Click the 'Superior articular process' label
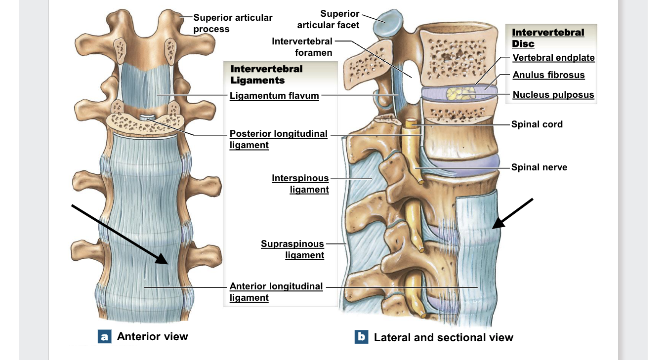tap(232, 23)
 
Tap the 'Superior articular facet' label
tap(328, 19)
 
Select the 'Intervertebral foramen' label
tap(302, 46)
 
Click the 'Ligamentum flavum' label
tap(274, 96)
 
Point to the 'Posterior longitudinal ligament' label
tap(278, 139)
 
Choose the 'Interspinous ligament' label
tap(300, 184)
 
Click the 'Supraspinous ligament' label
tap(292, 249)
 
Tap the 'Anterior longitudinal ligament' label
tap(276, 292)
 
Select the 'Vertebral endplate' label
tap(553, 58)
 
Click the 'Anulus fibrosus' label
tap(548, 75)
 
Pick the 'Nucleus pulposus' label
tap(553, 95)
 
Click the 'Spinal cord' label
tap(537, 124)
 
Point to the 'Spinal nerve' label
tap(539, 167)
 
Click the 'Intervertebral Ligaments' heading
tap(266, 75)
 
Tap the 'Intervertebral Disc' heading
tap(547, 38)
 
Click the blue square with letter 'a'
tap(104, 337)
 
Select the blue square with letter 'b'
tap(361, 337)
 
